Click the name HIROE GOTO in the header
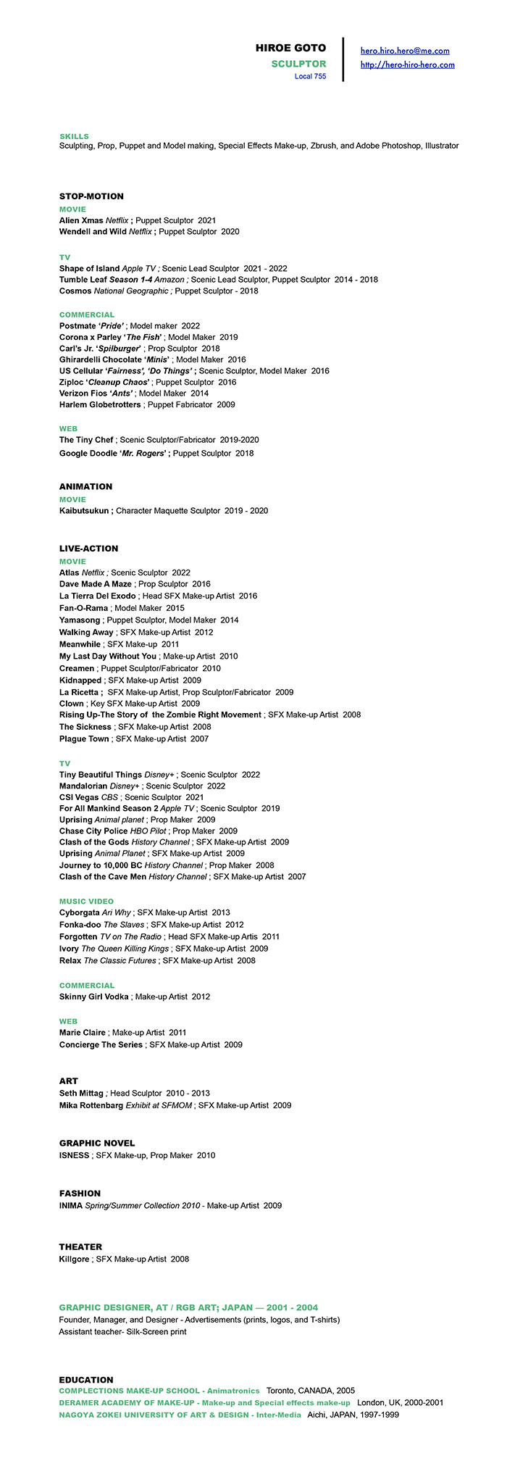coord(290,49)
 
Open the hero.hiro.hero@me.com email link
coord(405,51)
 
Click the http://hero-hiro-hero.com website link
coord(407,64)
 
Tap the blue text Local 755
coord(310,76)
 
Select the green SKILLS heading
coord(74,136)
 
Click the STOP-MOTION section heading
coord(91,196)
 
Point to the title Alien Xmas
coord(81,220)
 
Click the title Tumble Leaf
coord(83,280)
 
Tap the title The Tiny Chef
coord(86,440)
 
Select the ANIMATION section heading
coord(85,486)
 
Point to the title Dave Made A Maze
coord(96,584)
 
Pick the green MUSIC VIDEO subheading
coord(86,902)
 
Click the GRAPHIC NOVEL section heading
coord(97,1143)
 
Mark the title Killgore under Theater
coord(74,1259)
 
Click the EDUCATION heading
coord(86,1380)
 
